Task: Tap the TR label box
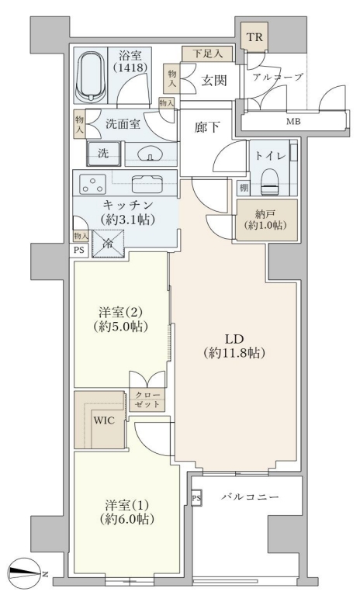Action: coord(254,37)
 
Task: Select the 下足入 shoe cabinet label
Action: coord(207,54)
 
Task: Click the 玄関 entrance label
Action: coord(215,80)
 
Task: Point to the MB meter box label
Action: coord(293,122)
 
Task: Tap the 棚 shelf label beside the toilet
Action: coord(244,188)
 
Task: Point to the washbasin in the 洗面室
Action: coord(151,154)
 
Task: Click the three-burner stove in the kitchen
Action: coord(92,184)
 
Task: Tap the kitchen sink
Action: coord(147,184)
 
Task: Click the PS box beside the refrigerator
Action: coord(79,250)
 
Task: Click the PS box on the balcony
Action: coord(196,498)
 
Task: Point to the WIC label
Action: coord(104,420)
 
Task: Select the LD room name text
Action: coord(234,339)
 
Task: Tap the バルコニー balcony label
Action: coord(250,497)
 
